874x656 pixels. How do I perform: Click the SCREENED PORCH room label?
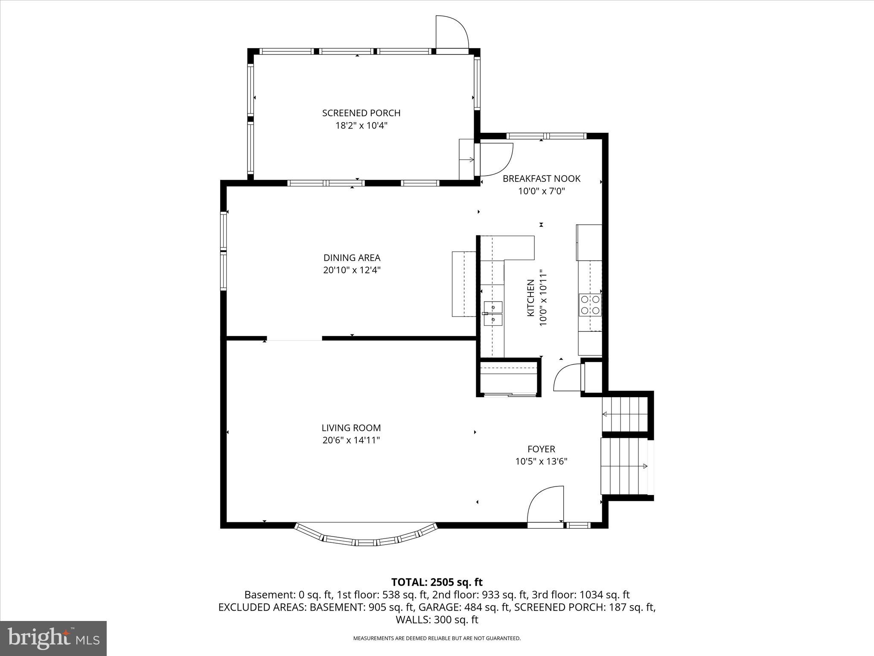361,113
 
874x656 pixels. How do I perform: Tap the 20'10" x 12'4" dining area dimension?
352,270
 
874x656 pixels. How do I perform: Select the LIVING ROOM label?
351,428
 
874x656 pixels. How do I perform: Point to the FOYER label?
541,449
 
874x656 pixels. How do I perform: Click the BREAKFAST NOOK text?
541,179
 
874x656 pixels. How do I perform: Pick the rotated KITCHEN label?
530,298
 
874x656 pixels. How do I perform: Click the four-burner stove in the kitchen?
590,305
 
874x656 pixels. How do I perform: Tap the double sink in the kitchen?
493,313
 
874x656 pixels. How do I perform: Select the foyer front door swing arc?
544,504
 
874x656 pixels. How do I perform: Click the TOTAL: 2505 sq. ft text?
437,582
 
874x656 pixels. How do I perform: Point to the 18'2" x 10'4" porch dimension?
361,126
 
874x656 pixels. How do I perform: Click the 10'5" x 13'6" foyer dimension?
541,461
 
